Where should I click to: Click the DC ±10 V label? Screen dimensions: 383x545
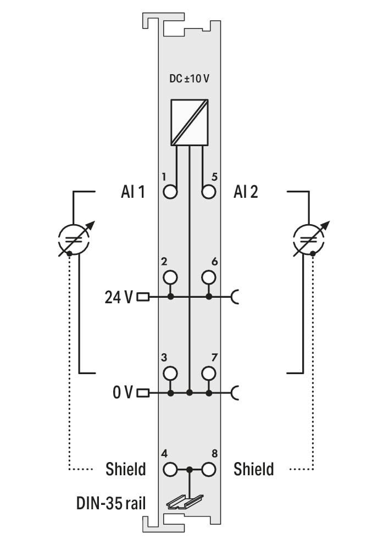point(189,79)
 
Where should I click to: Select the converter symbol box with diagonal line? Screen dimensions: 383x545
point(190,123)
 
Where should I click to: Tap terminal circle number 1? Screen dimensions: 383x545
point(170,192)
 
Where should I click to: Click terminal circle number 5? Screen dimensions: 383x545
point(208,192)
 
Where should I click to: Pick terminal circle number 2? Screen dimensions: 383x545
point(170,277)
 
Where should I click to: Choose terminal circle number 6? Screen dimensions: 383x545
point(208,277)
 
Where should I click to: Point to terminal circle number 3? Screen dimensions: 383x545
point(170,373)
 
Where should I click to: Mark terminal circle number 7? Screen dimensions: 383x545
point(208,373)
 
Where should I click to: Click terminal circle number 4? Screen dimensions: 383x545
point(170,470)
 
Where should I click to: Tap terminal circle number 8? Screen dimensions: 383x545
point(208,470)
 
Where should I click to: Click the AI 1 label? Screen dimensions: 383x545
point(133,192)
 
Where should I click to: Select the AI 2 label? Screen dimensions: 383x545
point(246,192)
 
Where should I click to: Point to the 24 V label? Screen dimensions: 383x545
point(119,297)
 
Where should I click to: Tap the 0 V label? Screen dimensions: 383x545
point(123,392)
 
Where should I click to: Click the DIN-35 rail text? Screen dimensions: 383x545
point(111,503)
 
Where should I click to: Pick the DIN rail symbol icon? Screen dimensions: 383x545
point(185,502)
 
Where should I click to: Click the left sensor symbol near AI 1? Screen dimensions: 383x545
point(74,238)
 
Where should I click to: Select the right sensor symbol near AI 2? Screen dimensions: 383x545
point(309,238)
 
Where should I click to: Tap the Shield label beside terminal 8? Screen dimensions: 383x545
point(254,469)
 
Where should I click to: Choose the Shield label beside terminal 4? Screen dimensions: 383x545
point(126,469)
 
